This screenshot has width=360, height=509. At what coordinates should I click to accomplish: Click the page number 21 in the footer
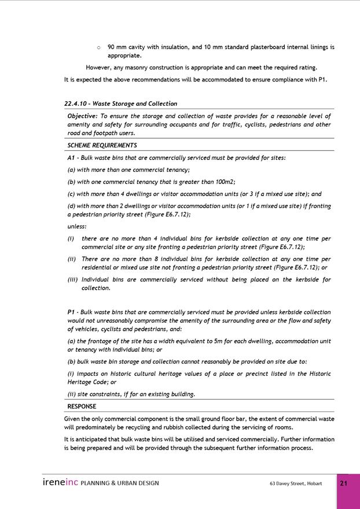[x=343, y=484]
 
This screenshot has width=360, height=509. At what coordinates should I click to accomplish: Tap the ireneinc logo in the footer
[x=60, y=482]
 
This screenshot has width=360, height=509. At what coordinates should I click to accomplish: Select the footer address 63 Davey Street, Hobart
[x=295, y=484]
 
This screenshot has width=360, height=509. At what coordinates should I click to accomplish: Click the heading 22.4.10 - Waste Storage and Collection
[x=120, y=104]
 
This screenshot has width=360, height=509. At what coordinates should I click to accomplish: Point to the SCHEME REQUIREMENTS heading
[x=102, y=145]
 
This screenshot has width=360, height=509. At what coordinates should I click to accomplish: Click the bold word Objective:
[x=83, y=116]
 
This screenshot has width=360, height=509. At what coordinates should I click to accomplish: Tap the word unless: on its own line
[x=76, y=226]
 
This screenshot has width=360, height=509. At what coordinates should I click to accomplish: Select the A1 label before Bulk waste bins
[x=72, y=157]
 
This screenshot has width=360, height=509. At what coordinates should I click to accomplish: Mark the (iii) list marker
[x=71, y=279]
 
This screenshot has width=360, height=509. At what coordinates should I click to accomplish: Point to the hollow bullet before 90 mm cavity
[x=98, y=47]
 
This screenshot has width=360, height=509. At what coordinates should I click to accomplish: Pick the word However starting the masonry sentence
[x=99, y=67]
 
